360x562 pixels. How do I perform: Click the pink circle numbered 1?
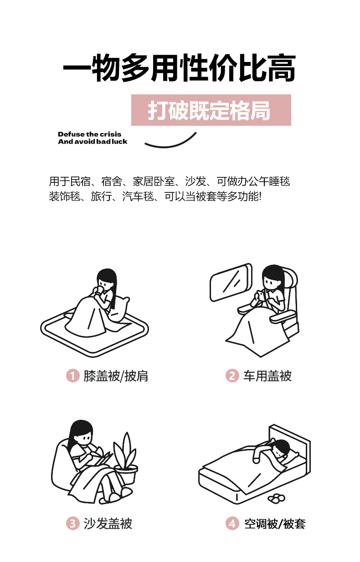73,376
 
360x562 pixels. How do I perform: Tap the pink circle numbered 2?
232,376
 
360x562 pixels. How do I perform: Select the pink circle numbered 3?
73,524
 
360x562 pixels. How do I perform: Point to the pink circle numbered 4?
232,524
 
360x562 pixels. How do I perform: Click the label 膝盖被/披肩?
116,376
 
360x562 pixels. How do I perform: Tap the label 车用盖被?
267,376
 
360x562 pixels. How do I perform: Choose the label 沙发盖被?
108,524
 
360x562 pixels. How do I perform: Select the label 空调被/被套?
275,524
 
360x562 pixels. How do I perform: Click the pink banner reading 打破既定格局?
211,110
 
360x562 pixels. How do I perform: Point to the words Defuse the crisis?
90,134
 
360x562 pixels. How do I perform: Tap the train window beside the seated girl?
231,282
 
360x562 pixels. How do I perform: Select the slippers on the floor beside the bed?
276,498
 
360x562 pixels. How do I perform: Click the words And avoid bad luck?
93,142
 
